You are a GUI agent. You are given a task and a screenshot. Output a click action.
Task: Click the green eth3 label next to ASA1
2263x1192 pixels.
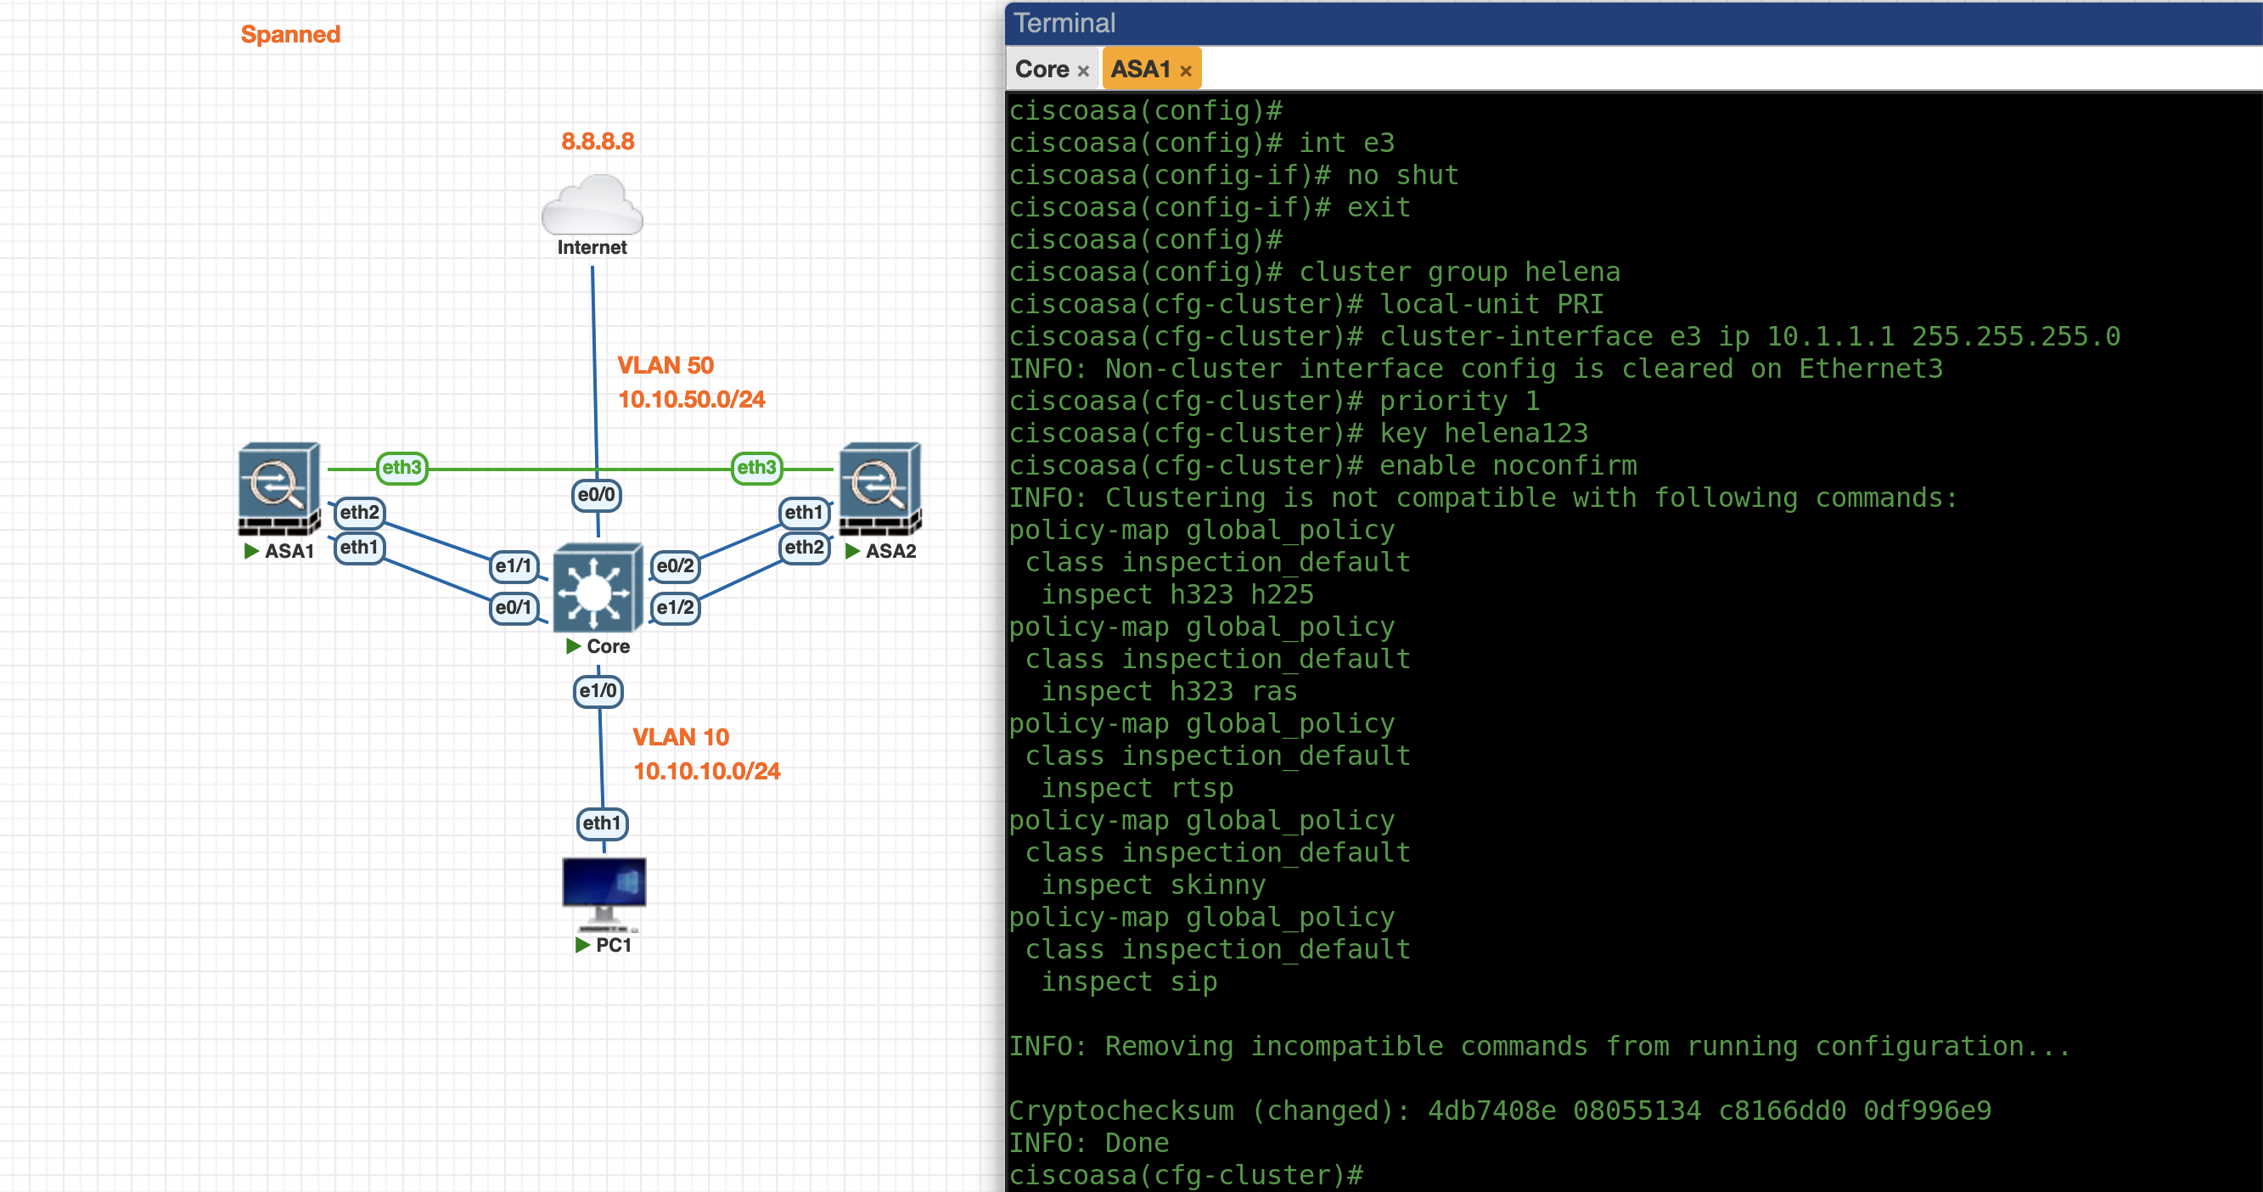(x=401, y=467)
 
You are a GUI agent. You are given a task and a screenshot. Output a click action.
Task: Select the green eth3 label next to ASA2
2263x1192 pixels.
(x=756, y=467)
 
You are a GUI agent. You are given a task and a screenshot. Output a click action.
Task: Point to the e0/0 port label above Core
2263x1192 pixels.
(x=597, y=494)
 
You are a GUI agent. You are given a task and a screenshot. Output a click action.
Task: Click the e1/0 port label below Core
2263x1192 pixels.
(x=598, y=690)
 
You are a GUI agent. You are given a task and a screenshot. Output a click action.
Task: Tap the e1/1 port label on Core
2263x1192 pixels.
(x=513, y=565)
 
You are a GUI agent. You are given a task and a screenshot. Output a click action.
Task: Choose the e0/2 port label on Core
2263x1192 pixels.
(x=675, y=565)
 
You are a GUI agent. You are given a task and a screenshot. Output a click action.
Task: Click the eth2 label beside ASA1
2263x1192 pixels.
(x=359, y=512)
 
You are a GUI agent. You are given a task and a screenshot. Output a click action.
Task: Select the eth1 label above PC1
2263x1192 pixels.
(x=602, y=823)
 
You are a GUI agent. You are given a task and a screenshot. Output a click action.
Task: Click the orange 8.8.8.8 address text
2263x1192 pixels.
(x=598, y=142)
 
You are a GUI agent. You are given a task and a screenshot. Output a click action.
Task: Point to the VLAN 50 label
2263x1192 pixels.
(x=665, y=365)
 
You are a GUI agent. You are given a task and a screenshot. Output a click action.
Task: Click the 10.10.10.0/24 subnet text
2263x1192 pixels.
(x=706, y=771)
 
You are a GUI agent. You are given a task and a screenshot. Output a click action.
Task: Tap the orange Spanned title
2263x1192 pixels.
(x=290, y=34)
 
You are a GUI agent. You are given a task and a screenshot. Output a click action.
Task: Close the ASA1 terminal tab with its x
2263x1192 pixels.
(x=1186, y=71)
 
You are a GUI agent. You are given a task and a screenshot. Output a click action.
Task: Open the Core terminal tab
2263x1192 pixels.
(x=1042, y=70)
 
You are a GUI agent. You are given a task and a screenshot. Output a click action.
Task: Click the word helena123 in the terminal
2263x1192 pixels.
(x=1516, y=433)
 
